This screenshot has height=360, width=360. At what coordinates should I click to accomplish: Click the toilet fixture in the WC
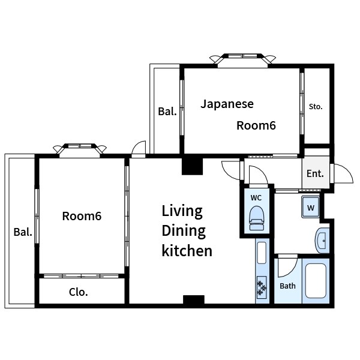tap(256, 218)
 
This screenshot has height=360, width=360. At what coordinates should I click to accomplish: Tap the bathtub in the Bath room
tap(316, 281)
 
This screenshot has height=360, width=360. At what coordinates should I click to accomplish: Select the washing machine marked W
tap(311, 207)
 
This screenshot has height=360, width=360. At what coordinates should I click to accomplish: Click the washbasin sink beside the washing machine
tap(322, 241)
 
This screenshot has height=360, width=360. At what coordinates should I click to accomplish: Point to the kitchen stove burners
tap(262, 287)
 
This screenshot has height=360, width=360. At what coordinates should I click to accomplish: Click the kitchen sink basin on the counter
tap(262, 253)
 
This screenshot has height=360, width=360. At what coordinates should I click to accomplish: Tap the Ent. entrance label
tap(315, 173)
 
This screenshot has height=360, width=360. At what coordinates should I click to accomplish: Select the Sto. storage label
tap(316, 107)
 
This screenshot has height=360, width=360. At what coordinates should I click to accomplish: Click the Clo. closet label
tap(79, 292)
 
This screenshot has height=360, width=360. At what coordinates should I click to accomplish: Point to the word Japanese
tap(227, 104)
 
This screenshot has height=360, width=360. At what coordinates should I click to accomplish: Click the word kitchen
tap(187, 251)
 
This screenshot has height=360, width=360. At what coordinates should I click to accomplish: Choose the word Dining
tap(184, 231)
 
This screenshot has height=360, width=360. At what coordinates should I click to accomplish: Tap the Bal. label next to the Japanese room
tap(167, 112)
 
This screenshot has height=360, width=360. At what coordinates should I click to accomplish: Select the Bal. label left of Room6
tap(23, 232)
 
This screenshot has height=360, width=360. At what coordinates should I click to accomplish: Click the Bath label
tap(287, 286)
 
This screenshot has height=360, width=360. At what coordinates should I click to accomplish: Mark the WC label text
tap(256, 197)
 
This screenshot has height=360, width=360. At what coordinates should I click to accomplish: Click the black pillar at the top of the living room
tap(193, 166)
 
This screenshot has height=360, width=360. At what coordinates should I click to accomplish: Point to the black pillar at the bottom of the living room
tap(194, 299)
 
